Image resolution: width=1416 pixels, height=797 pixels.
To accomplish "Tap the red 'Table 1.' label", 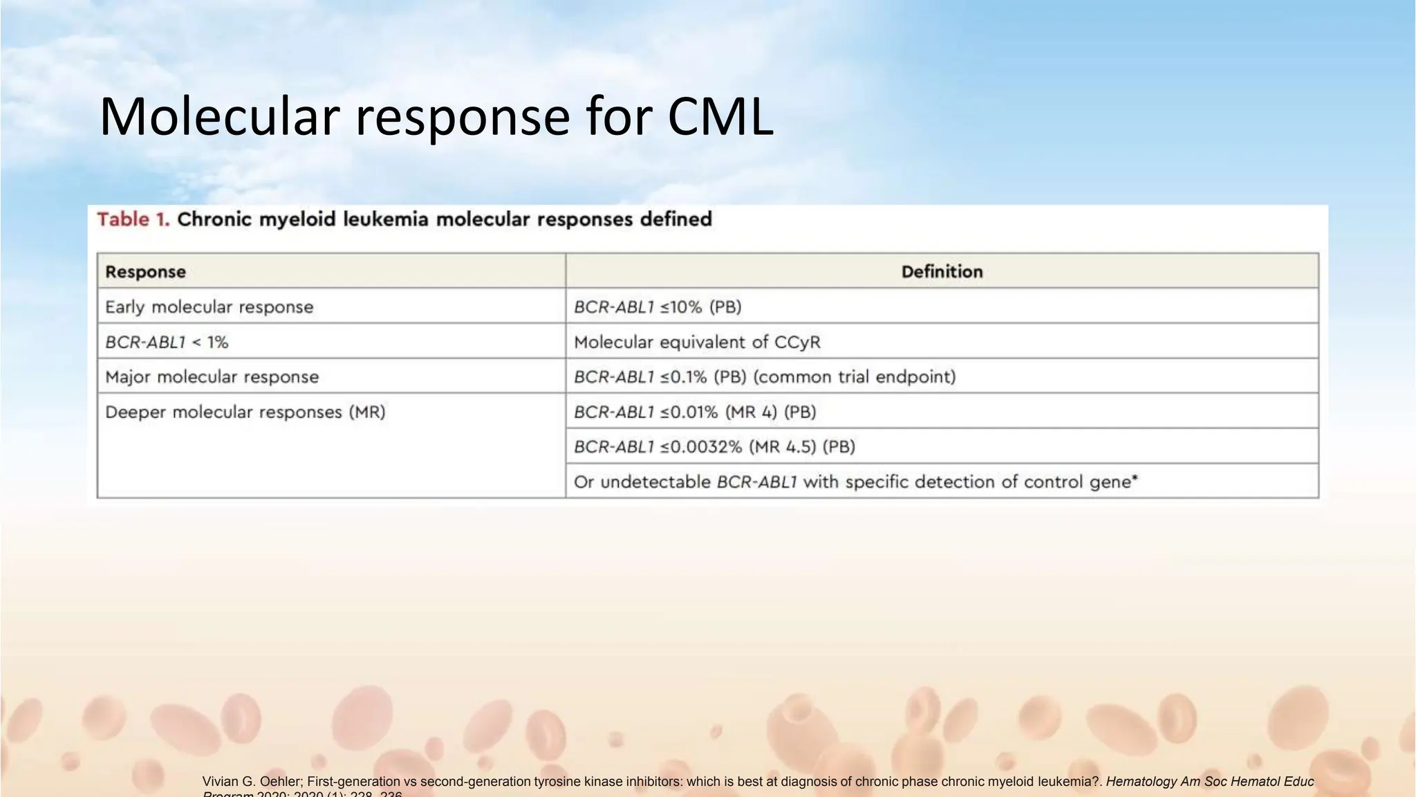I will [x=133, y=219].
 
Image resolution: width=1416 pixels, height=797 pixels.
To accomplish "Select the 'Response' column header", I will [x=145, y=271].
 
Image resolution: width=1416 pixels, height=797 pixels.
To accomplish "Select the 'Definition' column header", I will [x=942, y=271].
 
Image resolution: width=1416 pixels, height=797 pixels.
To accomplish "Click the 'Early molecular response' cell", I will [x=209, y=306].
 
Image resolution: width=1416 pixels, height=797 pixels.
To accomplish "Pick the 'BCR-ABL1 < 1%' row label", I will [x=167, y=342].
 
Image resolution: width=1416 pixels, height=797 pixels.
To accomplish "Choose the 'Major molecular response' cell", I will [x=212, y=377].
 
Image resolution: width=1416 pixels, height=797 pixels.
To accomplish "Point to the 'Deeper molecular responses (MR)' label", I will [x=245, y=412].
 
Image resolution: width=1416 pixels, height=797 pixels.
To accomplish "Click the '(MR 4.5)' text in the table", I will [x=784, y=447].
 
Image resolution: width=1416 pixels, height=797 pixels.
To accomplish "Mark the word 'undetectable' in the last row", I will [x=655, y=482].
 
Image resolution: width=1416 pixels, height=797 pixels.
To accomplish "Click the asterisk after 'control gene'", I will [x=1135, y=478].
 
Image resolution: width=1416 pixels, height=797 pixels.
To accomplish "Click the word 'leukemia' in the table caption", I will [x=386, y=219].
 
